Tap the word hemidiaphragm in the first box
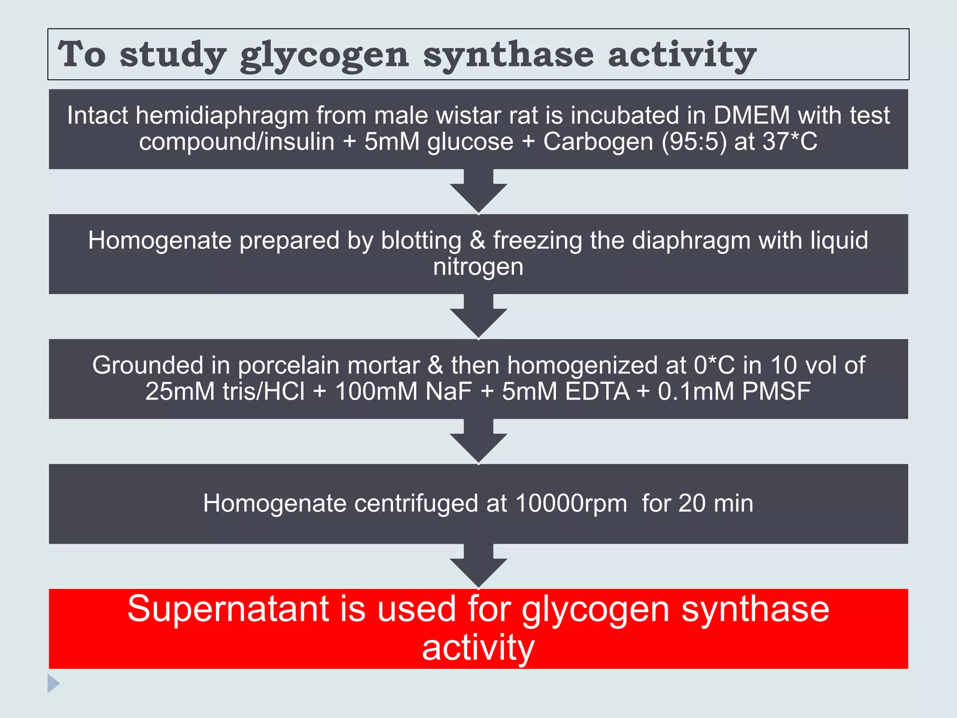[222, 115]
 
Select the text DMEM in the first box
[751, 115]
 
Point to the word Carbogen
[598, 142]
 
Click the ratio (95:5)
[694, 142]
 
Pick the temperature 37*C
[790, 142]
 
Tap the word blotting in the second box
[421, 240]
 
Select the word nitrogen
[478, 267]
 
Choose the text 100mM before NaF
[376, 391]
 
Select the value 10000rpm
[571, 504]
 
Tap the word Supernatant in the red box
[229, 609]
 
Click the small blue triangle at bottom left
[53, 683]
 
